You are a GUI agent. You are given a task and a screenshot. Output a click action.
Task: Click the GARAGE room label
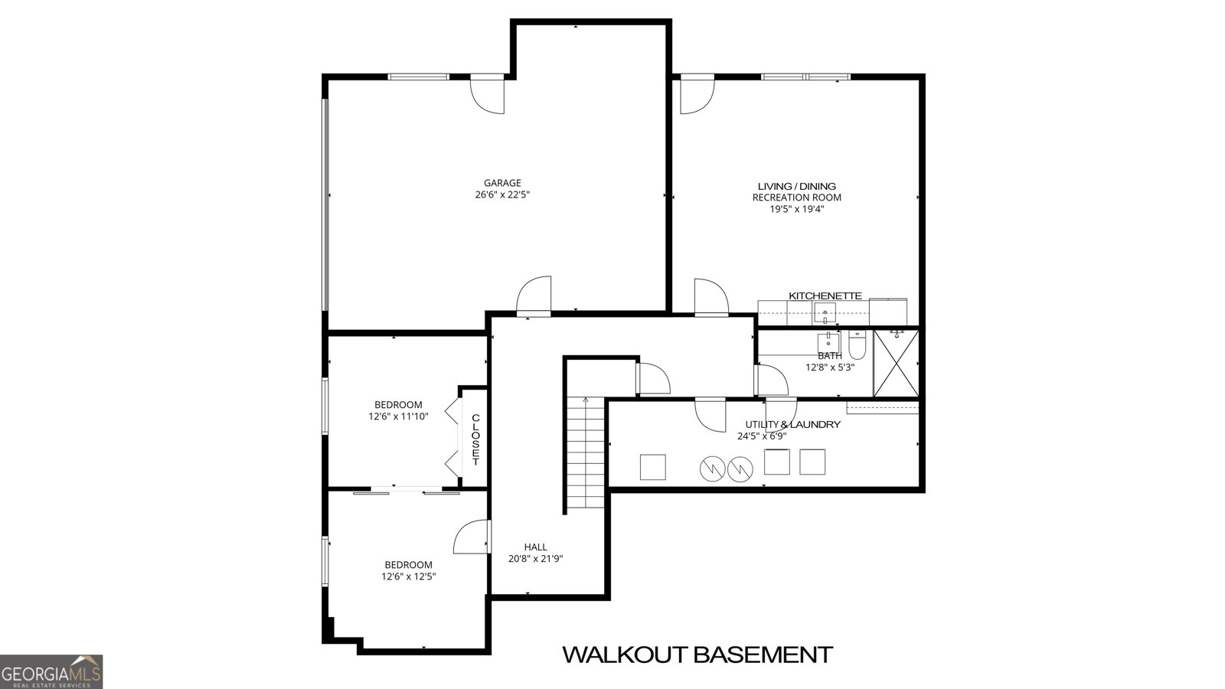[502, 183]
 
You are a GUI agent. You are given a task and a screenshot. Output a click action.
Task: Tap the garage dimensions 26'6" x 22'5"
[502, 194]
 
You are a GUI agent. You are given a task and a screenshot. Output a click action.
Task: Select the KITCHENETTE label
[825, 296]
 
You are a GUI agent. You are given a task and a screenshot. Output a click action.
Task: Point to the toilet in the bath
[857, 344]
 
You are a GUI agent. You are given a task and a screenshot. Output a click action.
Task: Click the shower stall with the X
[897, 363]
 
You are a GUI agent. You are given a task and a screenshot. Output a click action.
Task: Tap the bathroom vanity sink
[828, 343]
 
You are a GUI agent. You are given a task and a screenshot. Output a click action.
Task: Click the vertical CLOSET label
[475, 439]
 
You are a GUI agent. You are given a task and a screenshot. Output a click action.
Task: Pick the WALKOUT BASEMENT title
[697, 655]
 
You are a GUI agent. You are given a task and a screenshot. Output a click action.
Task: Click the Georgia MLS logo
[51, 672]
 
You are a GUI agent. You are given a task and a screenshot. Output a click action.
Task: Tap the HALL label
[535, 547]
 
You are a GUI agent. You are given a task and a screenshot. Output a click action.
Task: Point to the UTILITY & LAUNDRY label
[792, 424]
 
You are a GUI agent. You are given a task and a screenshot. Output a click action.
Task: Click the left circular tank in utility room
[713, 468]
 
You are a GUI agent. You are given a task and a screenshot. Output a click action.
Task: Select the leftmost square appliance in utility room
[653, 467]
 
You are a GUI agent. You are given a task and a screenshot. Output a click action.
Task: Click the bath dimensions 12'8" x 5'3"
[830, 367]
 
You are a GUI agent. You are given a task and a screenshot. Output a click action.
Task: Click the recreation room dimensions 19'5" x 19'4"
[797, 209]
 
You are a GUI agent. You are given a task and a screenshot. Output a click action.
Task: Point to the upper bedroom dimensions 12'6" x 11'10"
[398, 416]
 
